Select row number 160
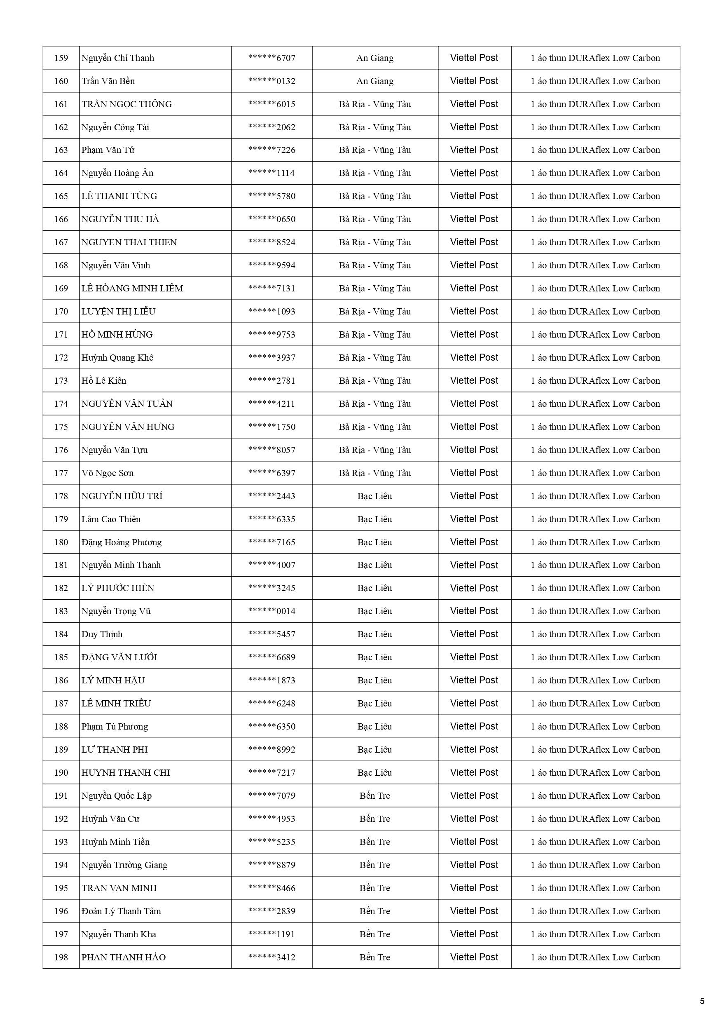click(x=61, y=81)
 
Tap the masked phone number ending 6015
click(x=272, y=104)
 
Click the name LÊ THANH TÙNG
click(x=119, y=196)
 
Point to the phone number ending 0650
click(x=272, y=219)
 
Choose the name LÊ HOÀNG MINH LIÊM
click(x=132, y=288)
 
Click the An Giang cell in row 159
click(x=374, y=58)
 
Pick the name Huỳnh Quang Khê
click(x=117, y=357)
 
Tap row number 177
click(x=61, y=473)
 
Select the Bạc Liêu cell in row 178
click(x=374, y=496)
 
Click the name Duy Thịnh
click(x=102, y=634)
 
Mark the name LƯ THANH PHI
click(x=115, y=749)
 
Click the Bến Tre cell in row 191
click(x=374, y=796)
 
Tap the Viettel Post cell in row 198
click(x=474, y=957)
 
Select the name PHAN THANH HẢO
click(x=124, y=957)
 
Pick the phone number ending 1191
click(x=272, y=934)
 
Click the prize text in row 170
click(x=595, y=312)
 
